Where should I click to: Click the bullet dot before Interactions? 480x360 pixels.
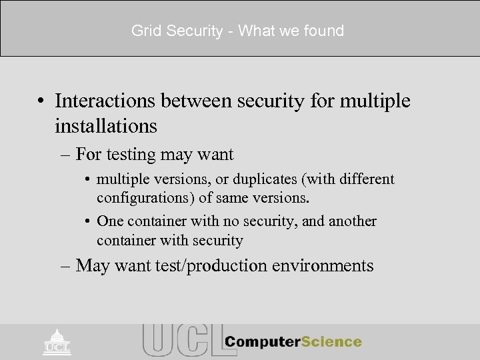tap(43, 101)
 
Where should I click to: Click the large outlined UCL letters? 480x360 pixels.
tap(179, 341)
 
